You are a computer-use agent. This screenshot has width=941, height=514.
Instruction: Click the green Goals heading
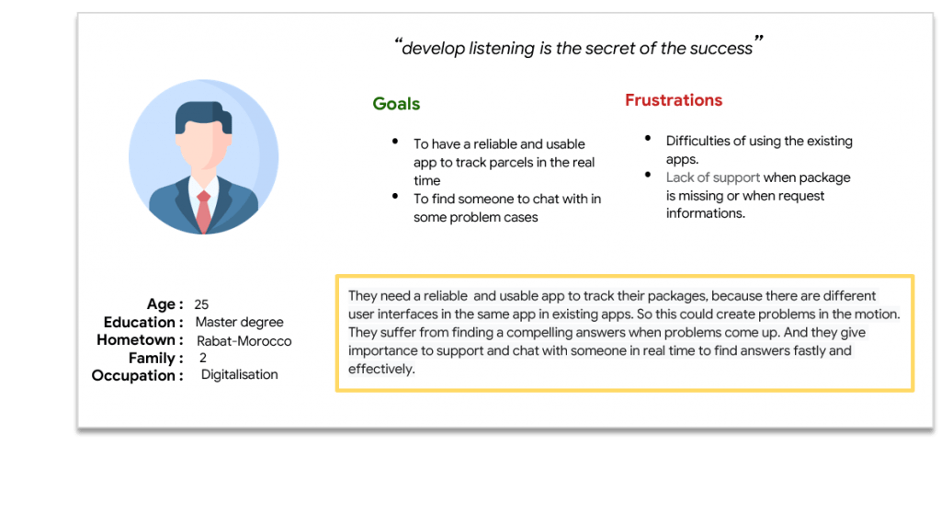[396, 104]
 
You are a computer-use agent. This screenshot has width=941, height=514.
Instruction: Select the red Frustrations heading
[674, 100]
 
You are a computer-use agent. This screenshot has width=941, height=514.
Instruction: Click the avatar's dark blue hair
[203, 116]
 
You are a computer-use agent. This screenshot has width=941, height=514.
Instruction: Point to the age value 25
[201, 304]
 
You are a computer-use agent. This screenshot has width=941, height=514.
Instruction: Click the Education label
[142, 323]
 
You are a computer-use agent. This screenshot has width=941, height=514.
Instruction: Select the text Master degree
[240, 323]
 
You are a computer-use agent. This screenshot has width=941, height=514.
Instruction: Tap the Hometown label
[140, 340]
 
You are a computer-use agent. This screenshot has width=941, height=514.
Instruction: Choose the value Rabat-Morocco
[244, 341]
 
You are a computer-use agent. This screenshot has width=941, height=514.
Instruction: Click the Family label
[155, 359]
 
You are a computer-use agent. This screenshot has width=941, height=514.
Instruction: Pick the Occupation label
[137, 376]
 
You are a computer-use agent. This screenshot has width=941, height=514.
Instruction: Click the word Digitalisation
[240, 374]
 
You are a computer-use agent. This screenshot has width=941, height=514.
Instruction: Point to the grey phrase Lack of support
[713, 177]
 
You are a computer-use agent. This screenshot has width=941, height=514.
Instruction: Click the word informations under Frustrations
[705, 213]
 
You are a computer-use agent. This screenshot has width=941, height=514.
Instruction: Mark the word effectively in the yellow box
[381, 370]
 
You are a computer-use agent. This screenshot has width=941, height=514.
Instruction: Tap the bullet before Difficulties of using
[648, 138]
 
